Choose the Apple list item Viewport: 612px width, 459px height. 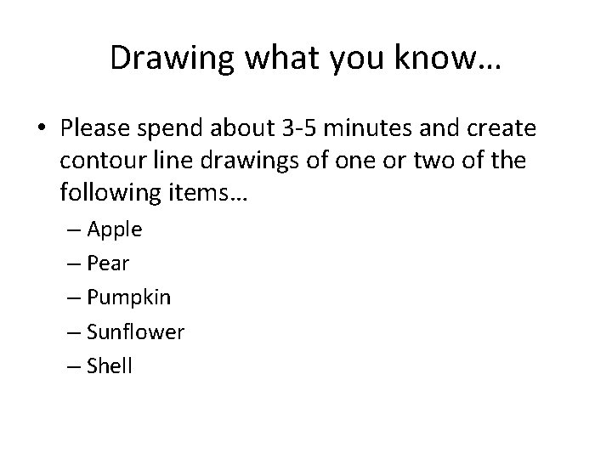[x=115, y=229]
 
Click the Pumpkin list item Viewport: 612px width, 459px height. [x=128, y=298]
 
